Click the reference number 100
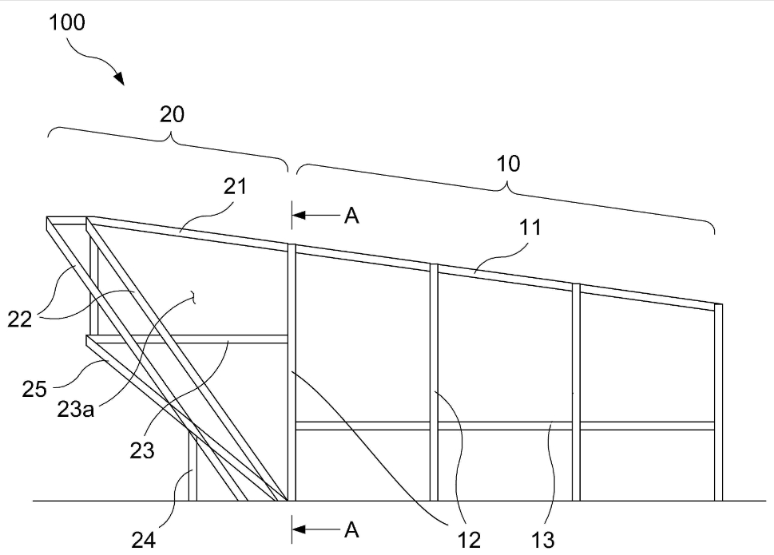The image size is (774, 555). coord(67,22)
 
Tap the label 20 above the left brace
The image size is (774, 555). coord(172,114)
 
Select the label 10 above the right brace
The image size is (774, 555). coord(508,164)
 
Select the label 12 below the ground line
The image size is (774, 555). coord(470,541)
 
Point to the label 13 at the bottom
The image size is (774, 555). coord(542,541)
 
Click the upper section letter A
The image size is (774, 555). coord(351,216)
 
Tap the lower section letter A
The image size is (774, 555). coord(351,529)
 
